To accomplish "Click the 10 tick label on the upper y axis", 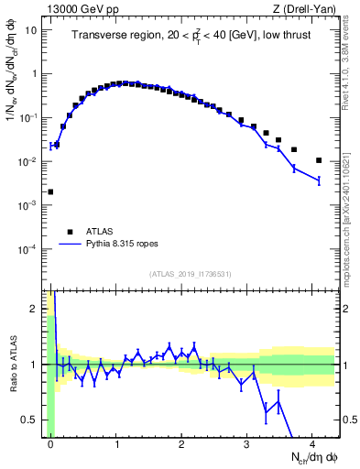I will tap(31, 30).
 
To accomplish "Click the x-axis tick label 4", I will tap(312, 442).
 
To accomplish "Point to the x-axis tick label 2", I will tap(181, 442).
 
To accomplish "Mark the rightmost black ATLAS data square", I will tap(319, 160).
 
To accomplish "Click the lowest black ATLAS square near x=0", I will tap(50, 192).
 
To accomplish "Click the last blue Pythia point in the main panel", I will tap(319, 181).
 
